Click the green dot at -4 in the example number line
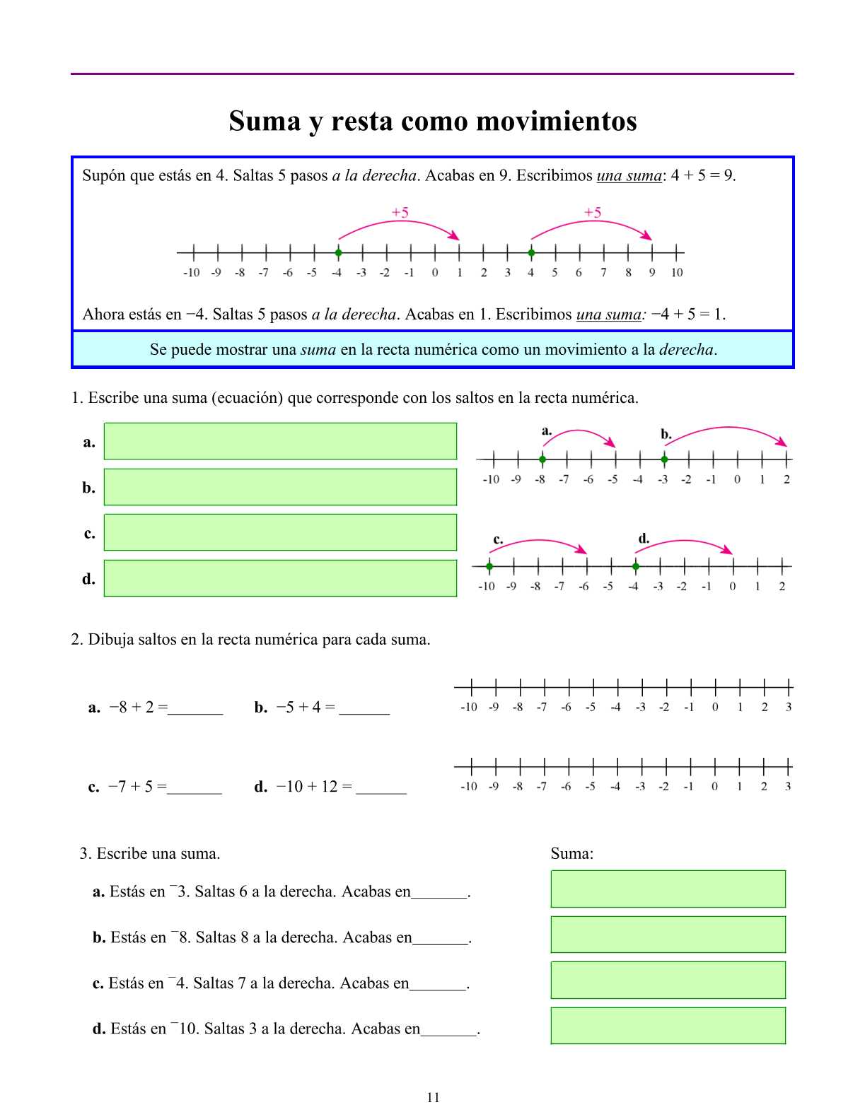pos(338,252)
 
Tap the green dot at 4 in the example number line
pos(531,252)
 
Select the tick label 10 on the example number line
pos(677,273)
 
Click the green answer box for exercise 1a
pos(280,441)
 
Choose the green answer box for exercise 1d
pos(280,578)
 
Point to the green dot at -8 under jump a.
pos(542,459)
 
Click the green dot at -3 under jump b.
pos(663,459)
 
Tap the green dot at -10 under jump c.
pos(489,566)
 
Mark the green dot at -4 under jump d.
pos(636,566)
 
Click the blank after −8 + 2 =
pos(196,708)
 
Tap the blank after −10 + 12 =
pos(381,787)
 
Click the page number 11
pos(433,1097)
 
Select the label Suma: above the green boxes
pos(571,853)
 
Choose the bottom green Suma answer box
pos(668,1026)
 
